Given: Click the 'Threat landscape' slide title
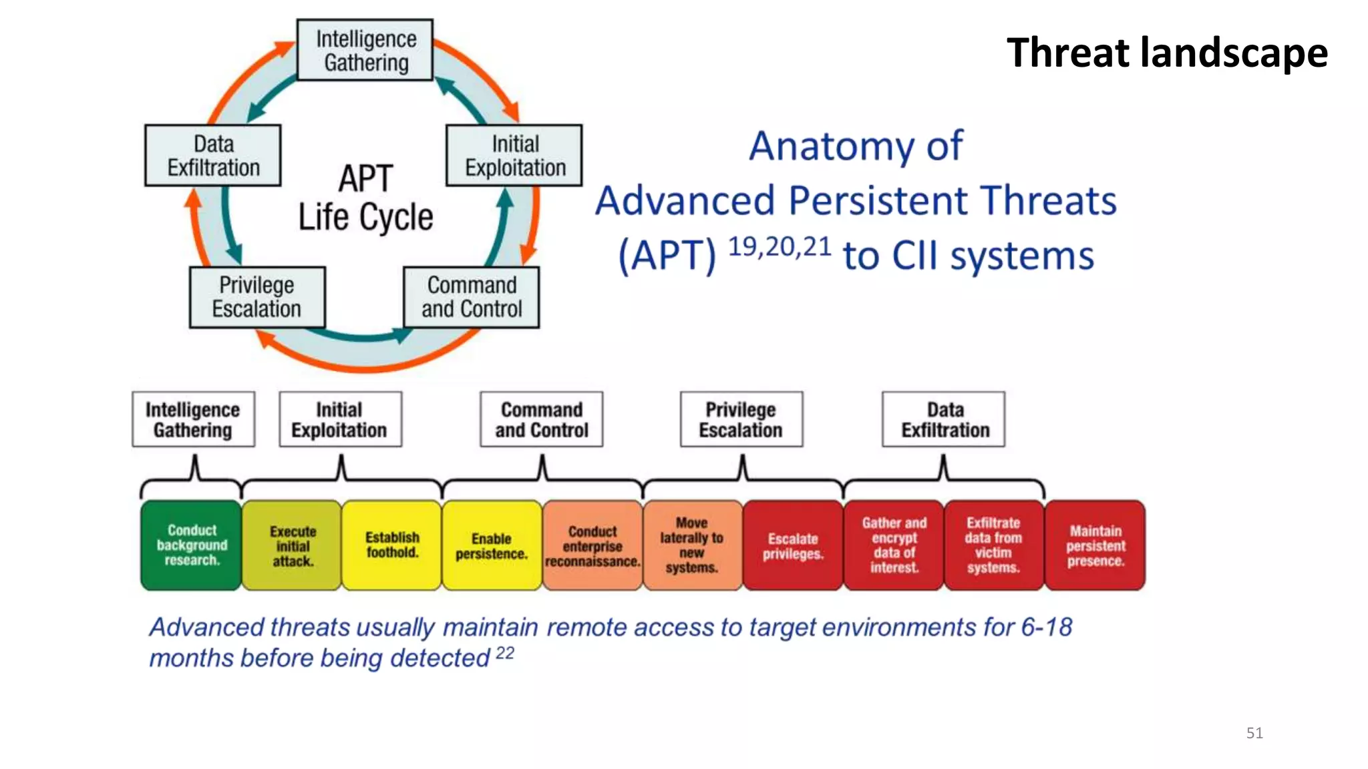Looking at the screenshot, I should (x=1166, y=53).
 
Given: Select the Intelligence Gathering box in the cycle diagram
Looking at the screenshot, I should (x=365, y=51).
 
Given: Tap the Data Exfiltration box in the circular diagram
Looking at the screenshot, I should (x=213, y=156).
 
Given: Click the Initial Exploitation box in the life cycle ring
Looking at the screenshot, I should (x=514, y=156).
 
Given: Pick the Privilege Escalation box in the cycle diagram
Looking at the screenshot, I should (x=257, y=297).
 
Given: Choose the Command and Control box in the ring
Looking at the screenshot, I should (x=472, y=297).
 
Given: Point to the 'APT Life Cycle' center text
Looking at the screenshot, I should (x=365, y=198).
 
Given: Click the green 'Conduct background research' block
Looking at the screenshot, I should (x=192, y=545).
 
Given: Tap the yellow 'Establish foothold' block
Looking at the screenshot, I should (x=392, y=545).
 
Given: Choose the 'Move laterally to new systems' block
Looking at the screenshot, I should (x=692, y=545).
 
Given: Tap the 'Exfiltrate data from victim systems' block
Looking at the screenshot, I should (x=993, y=545).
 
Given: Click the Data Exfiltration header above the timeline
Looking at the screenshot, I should (x=944, y=419).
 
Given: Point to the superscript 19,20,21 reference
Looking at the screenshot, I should (x=779, y=247).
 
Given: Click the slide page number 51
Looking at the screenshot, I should (x=1254, y=733).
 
